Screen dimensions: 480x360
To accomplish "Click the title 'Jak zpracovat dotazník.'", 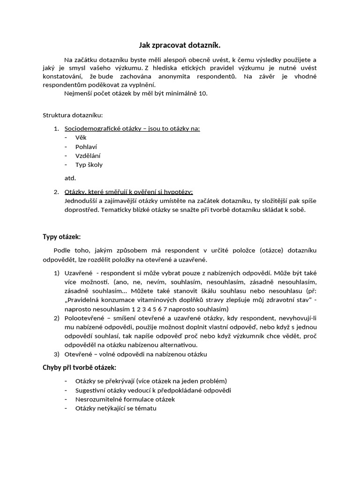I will click(x=180, y=45).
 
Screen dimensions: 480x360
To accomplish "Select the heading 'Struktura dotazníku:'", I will click(x=73, y=115).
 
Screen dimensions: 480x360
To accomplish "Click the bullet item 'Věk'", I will click(x=81, y=137).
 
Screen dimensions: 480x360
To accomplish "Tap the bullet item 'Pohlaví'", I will click(x=86, y=147).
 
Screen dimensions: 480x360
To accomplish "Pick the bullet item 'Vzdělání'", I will click(x=88, y=156).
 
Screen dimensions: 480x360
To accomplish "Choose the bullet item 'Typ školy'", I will click(x=89, y=165).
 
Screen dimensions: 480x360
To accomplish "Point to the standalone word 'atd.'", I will click(x=70, y=178).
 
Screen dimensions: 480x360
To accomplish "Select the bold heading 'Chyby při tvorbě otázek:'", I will click(x=80, y=367).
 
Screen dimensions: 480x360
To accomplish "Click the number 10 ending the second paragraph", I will click(x=202, y=93).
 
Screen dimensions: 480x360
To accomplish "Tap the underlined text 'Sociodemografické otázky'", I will click(x=100, y=128).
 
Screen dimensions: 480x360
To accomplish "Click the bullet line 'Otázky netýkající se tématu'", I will click(x=116, y=408).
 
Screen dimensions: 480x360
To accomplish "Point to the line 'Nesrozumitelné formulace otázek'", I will click(x=125, y=399).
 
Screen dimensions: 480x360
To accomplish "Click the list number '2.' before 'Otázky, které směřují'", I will click(x=56, y=192).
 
